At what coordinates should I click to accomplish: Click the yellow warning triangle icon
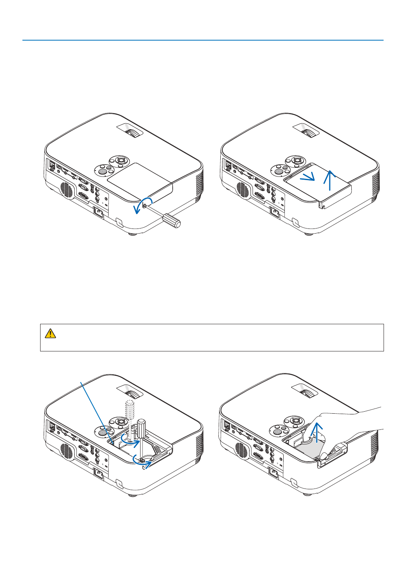click(50, 333)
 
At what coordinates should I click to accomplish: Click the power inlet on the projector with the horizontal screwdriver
click(99, 213)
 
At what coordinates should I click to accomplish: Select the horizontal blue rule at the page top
click(203, 40)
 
